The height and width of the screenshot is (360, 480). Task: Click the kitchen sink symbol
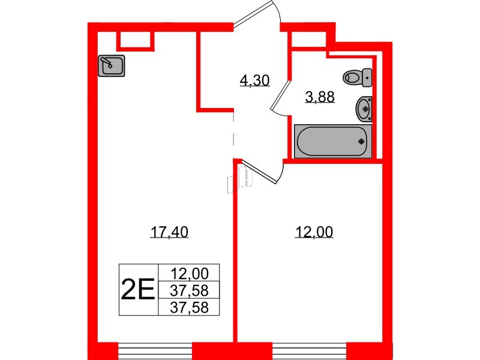tap(111, 65)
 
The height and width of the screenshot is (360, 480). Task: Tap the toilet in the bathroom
tap(357, 77)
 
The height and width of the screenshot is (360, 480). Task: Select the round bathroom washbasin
tap(362, 108)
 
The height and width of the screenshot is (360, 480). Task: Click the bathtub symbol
tap(333, 141)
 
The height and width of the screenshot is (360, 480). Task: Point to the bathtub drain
tap(361, 142)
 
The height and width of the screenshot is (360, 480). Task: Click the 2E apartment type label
tap(138, 290)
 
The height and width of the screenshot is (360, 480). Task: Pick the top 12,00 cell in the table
tap(189, 274)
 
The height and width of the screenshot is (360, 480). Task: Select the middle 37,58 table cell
tap(189, 291)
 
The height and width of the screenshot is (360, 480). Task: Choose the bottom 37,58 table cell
tap(189, 308)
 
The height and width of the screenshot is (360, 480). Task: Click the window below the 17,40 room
tap(155, 349)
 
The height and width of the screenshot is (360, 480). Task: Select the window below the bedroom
tap(309, 349)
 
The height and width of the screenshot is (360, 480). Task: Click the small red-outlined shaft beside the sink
tap(135, 39)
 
